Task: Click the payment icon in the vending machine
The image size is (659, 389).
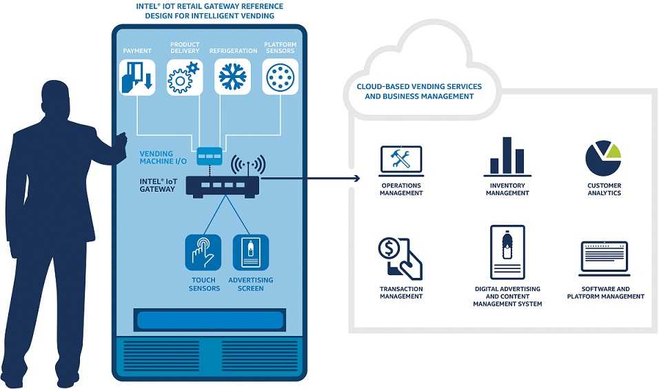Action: coord(137,77)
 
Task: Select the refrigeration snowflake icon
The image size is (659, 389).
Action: coord(232,77)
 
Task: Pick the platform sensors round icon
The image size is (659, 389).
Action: coord(280,77)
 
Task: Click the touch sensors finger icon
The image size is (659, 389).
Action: coord(203,252)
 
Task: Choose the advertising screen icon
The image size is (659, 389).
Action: coord(250,252)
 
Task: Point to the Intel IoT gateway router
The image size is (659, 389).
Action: coord(222,186)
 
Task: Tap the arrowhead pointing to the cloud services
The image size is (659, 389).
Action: coord(356,179)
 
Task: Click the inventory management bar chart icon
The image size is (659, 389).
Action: coord(507,157)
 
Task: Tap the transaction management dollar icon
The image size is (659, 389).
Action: coord(400,257)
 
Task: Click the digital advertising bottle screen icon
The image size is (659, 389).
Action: coord(507,252)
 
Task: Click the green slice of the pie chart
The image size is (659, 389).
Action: coord(613,150)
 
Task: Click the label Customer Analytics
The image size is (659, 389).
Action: coord(604,190)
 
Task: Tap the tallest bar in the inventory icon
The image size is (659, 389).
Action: coord(507,155)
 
